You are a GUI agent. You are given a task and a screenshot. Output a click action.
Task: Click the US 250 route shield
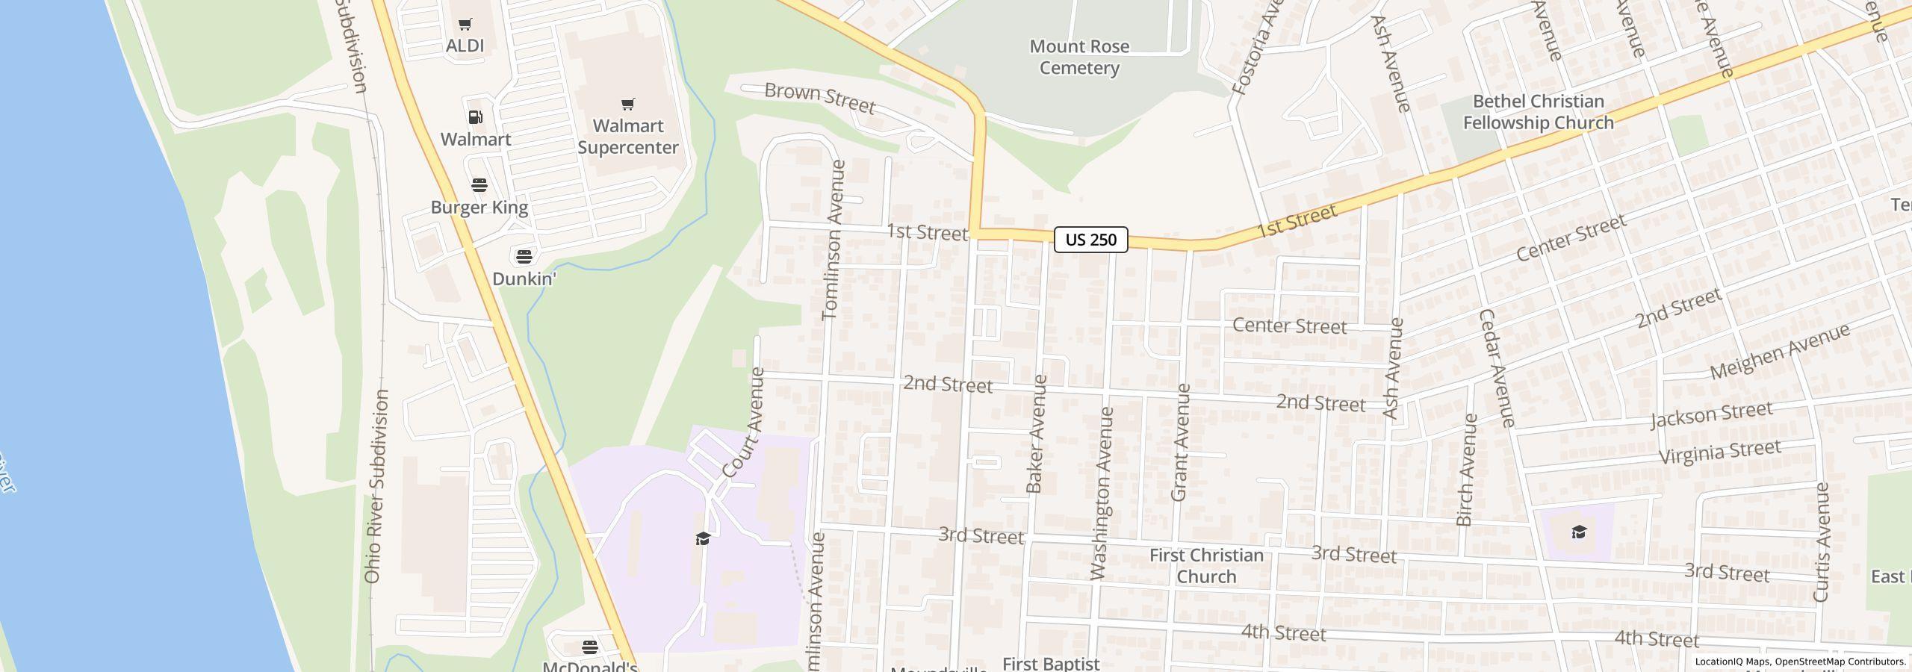click(1090, 240)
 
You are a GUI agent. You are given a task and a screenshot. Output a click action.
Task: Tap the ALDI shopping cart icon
click(465, 25)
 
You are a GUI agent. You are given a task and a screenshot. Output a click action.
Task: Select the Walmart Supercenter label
click(628, 137)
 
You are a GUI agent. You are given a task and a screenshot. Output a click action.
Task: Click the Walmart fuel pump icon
click(476, 117)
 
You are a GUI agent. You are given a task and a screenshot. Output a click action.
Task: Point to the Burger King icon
click(479, 185)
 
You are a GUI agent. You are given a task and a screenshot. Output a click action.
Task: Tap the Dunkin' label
click(524, 279)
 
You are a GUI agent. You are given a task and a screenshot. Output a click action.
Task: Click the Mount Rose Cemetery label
click(1079, 57)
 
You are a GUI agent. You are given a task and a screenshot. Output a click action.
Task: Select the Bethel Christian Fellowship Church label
click(1538, 112)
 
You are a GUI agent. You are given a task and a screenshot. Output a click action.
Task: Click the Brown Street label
click(819, 98)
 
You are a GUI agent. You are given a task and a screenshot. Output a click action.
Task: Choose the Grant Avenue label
click(1180, 442)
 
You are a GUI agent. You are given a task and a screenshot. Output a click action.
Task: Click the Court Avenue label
click(744, 423)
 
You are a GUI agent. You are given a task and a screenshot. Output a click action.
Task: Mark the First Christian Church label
click(1206, 565)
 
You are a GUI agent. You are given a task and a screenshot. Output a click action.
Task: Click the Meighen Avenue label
click(1779, 351)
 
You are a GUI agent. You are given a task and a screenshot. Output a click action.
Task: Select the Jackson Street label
click(1710, 414)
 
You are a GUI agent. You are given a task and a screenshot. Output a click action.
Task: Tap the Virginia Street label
click(1719, 452)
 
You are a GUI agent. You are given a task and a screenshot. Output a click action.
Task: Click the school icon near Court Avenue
click(702, 538)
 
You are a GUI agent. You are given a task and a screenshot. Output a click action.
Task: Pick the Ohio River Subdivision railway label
click(376, 485)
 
